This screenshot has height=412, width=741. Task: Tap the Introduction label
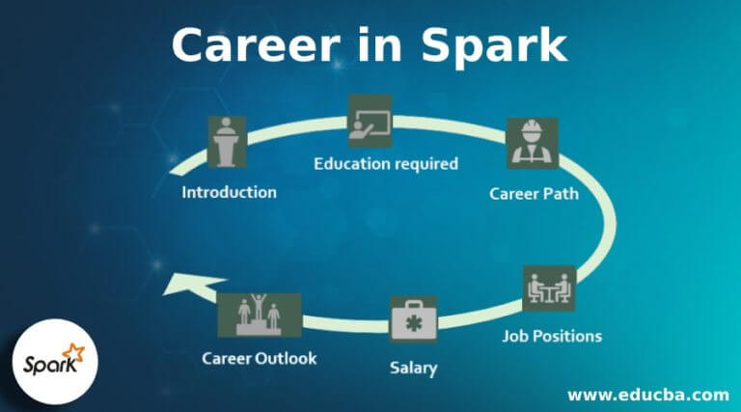coord(230,191)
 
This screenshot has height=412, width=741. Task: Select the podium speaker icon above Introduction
coord(227,142)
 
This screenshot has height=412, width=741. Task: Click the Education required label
coord(386,163)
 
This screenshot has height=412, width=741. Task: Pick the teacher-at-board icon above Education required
coord(370,121)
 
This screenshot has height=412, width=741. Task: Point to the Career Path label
coord(534,193)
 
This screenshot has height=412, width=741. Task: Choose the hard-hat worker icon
coord(533,144)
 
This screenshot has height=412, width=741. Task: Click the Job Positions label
coord(553,336)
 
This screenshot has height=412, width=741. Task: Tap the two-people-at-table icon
coord(549,290)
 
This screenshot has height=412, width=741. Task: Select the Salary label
coord(413,368)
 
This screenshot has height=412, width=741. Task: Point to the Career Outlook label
coord(260,359)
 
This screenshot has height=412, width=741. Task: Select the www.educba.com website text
coord(647,395)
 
